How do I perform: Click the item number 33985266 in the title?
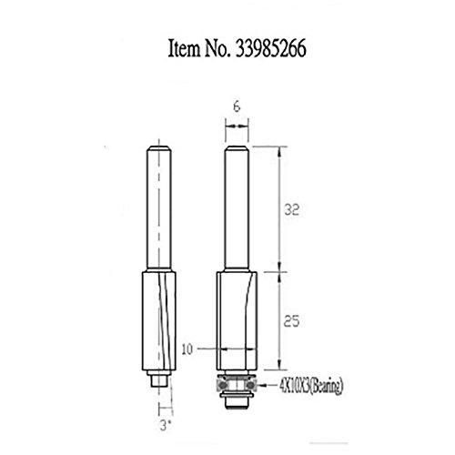click(270, 48)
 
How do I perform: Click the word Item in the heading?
click(184, 48)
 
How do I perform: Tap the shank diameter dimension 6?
click(237, 106)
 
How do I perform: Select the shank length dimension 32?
click(291, 209)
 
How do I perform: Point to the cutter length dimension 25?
click(291, 321)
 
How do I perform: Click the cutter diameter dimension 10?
click(187, 349)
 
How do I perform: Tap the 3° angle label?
click(164, 426)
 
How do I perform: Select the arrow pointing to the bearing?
click(267, 386)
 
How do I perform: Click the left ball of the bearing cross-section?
click(223, 385)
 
